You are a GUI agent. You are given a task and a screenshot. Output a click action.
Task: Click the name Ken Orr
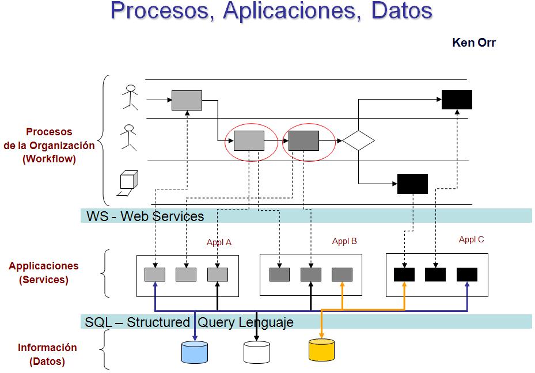click(x=473, y=43)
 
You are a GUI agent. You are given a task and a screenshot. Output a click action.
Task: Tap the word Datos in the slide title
click(x=401, y=11)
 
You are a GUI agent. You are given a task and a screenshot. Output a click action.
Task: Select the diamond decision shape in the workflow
click(x=358, y=140)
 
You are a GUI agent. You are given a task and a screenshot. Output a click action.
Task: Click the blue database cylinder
click(x=195, y=352)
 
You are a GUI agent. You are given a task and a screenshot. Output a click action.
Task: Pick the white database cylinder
click(x=256, y=352)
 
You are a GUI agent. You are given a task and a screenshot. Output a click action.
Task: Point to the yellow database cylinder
click(x=321, y=349)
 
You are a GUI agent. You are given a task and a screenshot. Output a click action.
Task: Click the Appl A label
click(x=219, y=242)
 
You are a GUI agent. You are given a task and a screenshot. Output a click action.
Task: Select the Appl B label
click(x=344, y=241)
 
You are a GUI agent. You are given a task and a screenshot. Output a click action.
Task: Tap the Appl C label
click(x=471, y=239)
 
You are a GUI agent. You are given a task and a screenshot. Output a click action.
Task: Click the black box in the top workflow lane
click(x=457, y=100)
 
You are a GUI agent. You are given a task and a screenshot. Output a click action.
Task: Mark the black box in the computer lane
click(x=412, y=184)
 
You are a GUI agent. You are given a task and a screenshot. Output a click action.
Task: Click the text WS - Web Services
click(x=145, y=216)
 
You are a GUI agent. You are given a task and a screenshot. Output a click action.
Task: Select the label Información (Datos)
click(x=47, y=355)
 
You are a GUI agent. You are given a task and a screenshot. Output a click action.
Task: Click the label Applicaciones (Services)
click(x=44, y=273)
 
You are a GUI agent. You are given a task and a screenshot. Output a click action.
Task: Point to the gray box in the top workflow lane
click(x=187, y=100)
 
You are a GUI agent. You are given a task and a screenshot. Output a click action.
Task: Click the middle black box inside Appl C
click(x=435, y=275)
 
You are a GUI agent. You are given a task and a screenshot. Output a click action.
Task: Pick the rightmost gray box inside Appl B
click(x=342, y=275)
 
